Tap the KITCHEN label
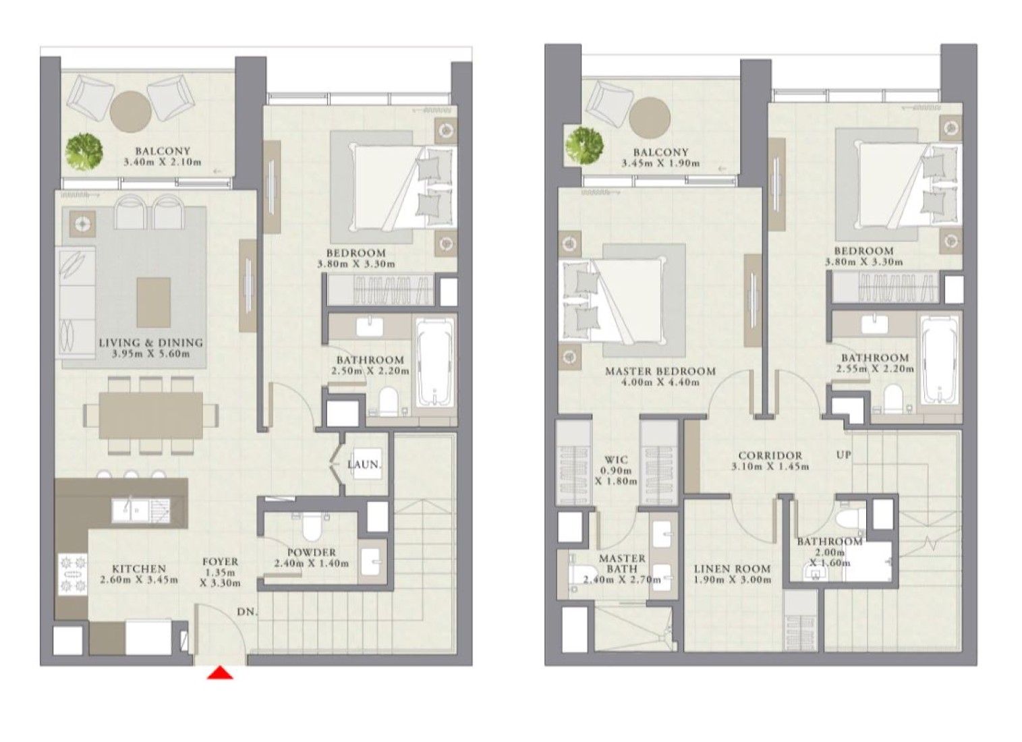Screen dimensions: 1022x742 pos(139,569)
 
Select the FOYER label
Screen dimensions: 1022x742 pos(221,562)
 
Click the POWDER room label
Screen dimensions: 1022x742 pos(312,552)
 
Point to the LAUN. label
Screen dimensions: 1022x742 pos(364,465)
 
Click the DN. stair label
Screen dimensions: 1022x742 pos(248,612)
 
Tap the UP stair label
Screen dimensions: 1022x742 pos(844,455)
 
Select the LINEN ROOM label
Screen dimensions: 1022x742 pos(733,569)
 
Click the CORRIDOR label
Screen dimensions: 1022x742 pos(770,455)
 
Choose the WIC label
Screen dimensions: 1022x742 pos(615,459)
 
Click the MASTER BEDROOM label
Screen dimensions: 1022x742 pos(660,372)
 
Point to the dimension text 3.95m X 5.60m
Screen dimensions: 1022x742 pos(150,353)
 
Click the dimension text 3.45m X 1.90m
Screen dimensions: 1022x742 pos(660,163)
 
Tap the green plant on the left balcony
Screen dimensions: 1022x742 pos(84,152)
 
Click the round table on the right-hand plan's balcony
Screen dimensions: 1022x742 pos(649,117)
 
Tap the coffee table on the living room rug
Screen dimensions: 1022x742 pos(153,302)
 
